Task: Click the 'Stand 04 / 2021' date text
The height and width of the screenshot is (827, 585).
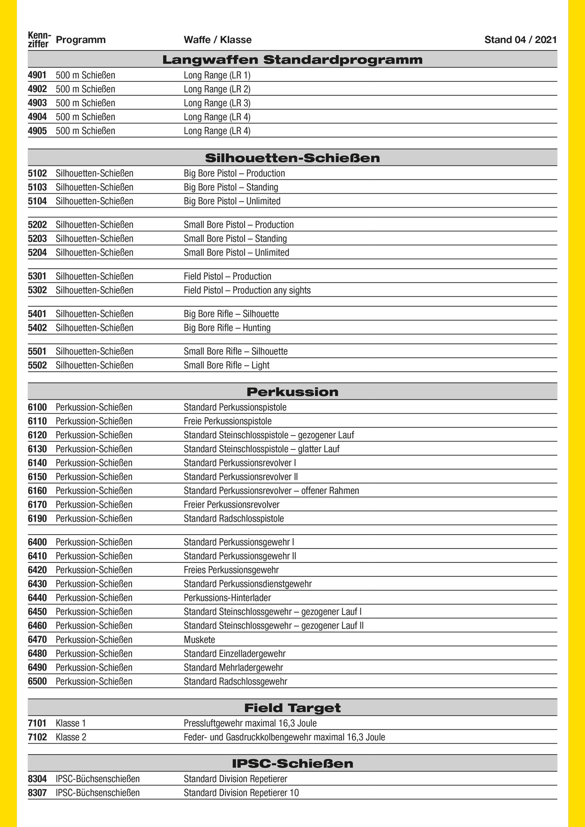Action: click(520, 40)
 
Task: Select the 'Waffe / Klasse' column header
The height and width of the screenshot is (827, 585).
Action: click(218, 40)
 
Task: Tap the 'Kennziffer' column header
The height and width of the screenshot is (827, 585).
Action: click(39, 40)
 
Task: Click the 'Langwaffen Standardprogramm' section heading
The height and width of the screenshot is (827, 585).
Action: click(292, 60)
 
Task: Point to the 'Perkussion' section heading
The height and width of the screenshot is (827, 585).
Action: click(292, 392)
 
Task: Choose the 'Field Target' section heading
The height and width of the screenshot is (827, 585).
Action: click(292, 708)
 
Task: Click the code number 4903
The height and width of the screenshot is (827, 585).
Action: click(37, 103)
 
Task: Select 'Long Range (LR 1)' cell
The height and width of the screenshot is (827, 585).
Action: click(217, 75)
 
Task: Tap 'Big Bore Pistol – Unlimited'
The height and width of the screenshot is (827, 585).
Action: click(232, 201)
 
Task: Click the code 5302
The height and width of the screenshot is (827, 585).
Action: click(37, 290)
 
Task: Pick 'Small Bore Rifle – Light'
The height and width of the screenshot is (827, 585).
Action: click(226, 365)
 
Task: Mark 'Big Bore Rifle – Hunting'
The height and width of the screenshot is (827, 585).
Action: click(227, 328)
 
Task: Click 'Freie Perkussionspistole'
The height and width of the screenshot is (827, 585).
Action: click(227, 421)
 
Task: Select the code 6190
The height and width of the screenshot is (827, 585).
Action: click(37, 519)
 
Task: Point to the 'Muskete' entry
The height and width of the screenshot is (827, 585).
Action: click(199, 640)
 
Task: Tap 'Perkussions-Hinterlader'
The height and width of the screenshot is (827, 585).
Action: click(227, 598)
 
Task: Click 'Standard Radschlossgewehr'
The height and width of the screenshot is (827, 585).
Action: click(235, 681)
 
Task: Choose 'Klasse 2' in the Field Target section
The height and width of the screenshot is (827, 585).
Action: click(71, 737)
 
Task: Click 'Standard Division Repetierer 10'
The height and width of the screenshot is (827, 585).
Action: click(241, 793)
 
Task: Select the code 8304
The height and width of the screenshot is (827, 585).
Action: click(37, 779)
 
